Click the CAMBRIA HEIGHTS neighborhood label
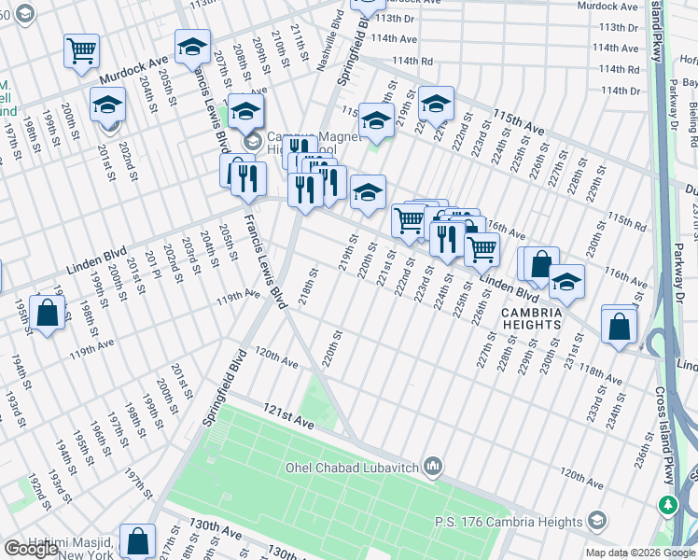pyautogui.click(x=530, y=317)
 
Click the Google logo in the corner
pyautogui.click(x=31, y=549)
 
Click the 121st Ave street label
pyautogui.click(x=288, y=422)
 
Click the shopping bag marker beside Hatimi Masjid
pyautogui.click(x=137, y=540)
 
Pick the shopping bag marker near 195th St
pyautogui.click(x=47, y=314)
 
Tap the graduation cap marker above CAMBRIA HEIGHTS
pyautogui.click(x=565, y=280)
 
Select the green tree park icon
pyautogui.click(x=668, y=506)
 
